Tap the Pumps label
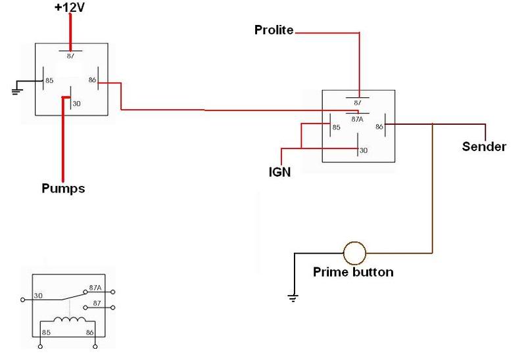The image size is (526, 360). point(63,189)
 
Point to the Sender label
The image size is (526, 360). point(485,146)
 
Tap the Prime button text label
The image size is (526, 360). point(354,272)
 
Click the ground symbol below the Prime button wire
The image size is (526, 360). point(294,298)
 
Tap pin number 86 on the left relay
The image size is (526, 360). point(93,81)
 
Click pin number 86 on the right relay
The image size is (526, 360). point(379,126)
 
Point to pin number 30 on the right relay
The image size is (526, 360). point(362,150)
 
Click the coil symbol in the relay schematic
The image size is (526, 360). point(68,321)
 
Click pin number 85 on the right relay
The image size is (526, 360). point(336,127)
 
